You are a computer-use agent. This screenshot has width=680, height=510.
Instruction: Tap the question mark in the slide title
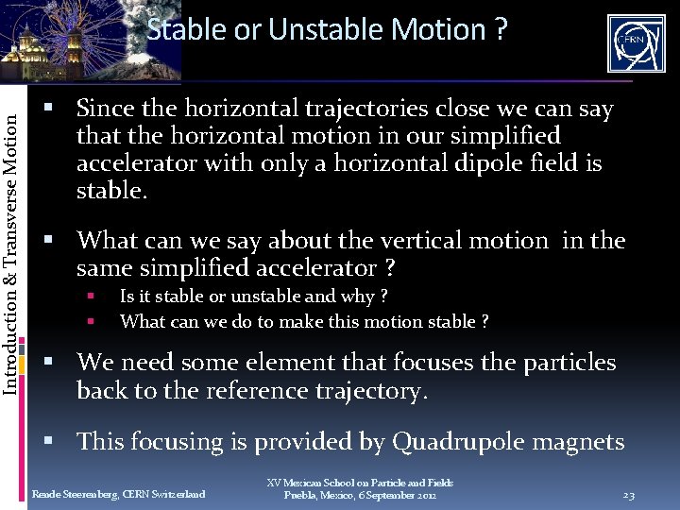click(x=501, y=29)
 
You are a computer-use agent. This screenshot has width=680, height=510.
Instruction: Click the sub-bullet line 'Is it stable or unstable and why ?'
click(x=253, y=297)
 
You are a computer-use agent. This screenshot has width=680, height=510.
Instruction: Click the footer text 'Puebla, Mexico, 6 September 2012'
click(x=360, y=495)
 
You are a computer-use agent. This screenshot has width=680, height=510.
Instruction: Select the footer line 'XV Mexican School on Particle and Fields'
click(x=359, y=483)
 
